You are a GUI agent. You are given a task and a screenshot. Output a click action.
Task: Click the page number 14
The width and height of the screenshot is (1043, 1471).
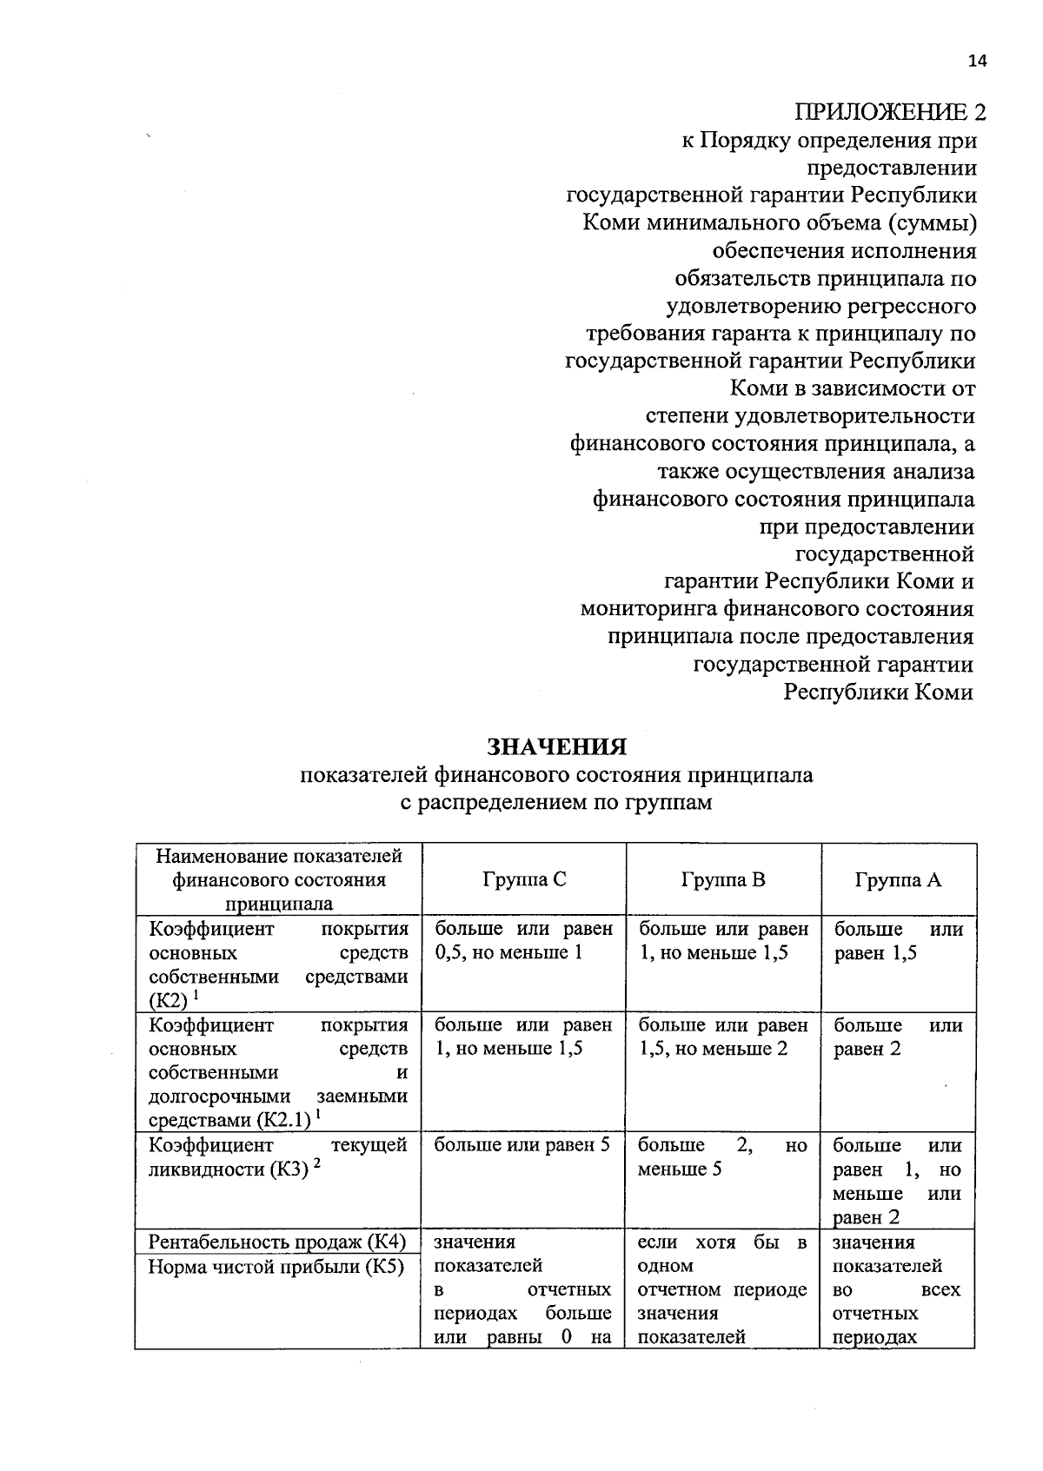point(977,61)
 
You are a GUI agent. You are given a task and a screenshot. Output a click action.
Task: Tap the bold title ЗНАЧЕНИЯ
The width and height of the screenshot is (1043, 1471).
point(556,747)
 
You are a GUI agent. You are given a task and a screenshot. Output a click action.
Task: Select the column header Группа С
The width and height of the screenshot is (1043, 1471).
point(524,880)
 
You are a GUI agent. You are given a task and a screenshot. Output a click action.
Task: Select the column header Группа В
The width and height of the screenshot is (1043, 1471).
point(723,880)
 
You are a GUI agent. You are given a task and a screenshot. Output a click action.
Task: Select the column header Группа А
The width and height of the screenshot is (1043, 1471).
point(898,880)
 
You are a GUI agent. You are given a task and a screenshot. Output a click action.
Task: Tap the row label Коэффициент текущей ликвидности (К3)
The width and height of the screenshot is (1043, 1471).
point(277,1157)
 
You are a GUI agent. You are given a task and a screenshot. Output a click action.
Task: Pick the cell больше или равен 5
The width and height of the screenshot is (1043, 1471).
point(521,1145)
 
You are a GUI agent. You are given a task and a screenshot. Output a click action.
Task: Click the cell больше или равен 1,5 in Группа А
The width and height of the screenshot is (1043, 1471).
point(898,941)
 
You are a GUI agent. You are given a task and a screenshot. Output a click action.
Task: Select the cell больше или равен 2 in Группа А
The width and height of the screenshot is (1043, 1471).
point(898,1037)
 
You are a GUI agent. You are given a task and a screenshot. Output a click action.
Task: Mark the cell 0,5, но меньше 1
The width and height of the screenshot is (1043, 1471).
point(508,953)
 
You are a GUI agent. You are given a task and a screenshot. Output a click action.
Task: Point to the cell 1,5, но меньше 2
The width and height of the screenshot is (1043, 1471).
point(713,1049)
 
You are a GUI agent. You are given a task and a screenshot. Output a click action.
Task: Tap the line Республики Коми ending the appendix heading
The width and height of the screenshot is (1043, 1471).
point(878,692)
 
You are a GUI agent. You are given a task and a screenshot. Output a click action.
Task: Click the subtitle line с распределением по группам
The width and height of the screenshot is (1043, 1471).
point(556,802)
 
